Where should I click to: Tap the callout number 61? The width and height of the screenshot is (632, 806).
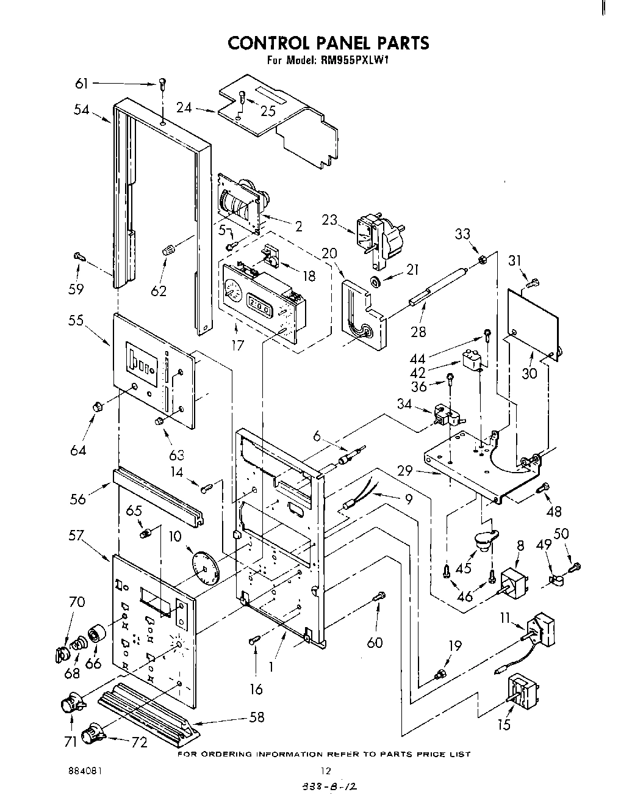(x=82, y=84)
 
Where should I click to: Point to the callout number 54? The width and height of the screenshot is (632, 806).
(x=82, y=110)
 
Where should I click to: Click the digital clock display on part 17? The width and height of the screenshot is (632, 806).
(x=259, y=303)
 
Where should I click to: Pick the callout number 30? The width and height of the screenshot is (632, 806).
(x=529, y=372)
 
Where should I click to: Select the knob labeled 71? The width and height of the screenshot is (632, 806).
(x=73, y=703)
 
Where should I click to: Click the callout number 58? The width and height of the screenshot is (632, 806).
(x=257, y=717)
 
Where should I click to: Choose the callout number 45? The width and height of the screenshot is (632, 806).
(x=464, y=568)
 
